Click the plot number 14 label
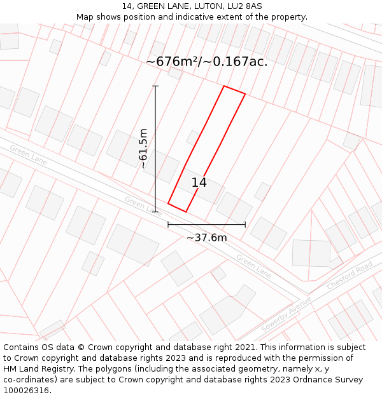(199, 183)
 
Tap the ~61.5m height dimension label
(143, 148)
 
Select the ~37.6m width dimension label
(206, 238)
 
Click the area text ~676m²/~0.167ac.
(206, 62)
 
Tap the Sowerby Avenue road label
(286, 314)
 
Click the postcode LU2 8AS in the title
(244, 6)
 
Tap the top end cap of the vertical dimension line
(155, 86)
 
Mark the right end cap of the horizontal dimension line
(245, 224)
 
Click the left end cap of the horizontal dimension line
(168, 224)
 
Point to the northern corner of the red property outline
(224, 86)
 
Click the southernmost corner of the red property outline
(185, 212)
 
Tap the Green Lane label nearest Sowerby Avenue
(254, 266)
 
